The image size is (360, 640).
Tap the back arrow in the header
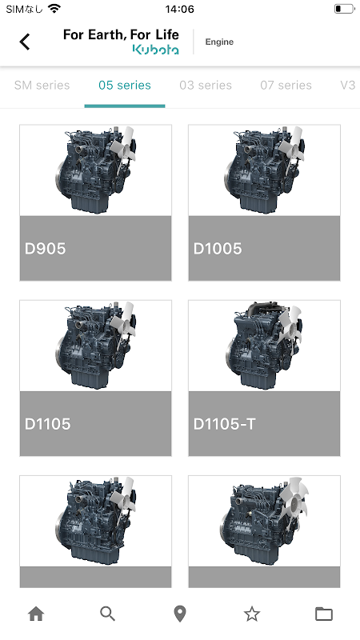(25, 42)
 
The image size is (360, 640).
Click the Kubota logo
(155, 50)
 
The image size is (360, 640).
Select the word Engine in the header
(219, 42)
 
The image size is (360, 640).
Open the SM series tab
(42, 85)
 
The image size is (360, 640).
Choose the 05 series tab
(125, 85)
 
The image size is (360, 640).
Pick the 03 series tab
(206, 85)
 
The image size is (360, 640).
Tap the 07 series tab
(286, 85)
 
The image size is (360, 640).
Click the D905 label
(45, 248)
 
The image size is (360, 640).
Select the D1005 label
(217, 248)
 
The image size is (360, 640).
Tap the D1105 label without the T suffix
(47, 424)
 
